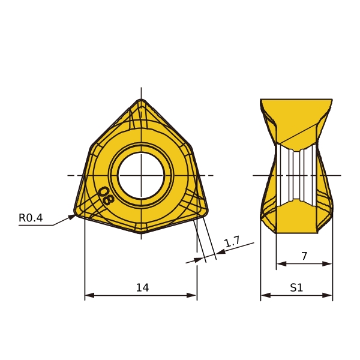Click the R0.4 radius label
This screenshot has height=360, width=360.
(31, 218)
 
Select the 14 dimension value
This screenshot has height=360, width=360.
(142, 287)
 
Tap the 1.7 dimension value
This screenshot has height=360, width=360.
(232, 242)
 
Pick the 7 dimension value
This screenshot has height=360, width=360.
(304, 256)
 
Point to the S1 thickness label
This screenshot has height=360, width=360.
(296, 287)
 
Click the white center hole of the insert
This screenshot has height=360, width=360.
(141, 175)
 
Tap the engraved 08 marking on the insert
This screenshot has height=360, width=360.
(106, 196)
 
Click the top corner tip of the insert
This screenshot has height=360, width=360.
(141, 100)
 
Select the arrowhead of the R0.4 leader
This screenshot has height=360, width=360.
(72, 217)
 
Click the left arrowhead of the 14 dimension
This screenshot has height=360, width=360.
(89, 295)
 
